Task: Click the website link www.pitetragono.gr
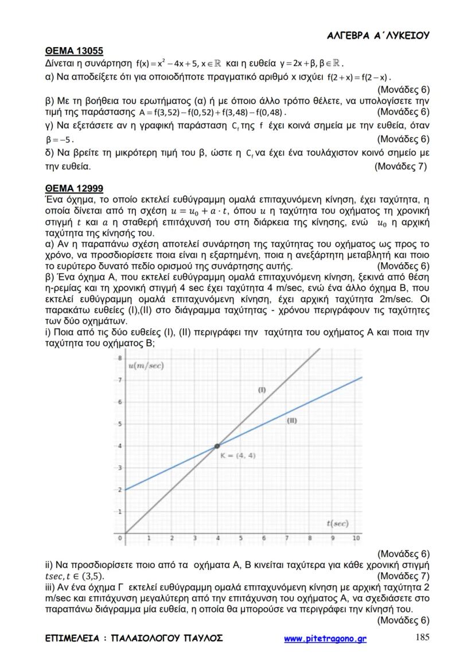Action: click(x=325, y=639)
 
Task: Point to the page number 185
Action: click(x=422, y=637)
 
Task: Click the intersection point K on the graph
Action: click(x=217, y=446)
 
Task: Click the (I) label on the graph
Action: click(x=262, y=390)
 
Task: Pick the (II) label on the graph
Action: click(x=291, y=421)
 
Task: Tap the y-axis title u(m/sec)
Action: click(x=146, y=366)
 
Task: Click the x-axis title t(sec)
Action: click(x=337, y=523)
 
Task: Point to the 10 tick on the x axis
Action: click(x=356, y=538)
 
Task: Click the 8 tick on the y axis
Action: click(x=120, y=358)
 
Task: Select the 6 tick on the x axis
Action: click(x=263, y=538)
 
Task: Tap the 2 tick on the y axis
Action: click(x=120, y=490)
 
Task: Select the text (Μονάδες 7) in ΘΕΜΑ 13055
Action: click(x=400, y=167)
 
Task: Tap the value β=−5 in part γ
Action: click(x=59, y=139)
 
